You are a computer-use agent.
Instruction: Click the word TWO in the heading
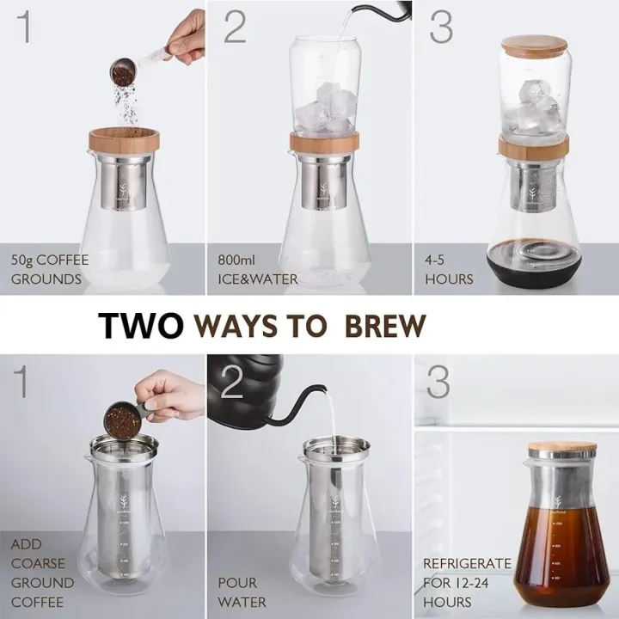[x=141, y=327]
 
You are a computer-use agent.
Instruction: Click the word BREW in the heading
[x=384, y=327]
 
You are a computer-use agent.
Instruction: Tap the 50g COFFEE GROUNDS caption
[x=49, y=268]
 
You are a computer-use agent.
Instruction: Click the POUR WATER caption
[x=242, y=592]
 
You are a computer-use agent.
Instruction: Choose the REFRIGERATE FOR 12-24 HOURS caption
[x=467, y=583]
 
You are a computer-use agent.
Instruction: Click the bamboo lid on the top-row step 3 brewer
[x=535, y=47]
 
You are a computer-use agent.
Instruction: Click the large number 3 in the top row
[x=439, y=28]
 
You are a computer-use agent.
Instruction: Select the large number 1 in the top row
[x=28, y=28]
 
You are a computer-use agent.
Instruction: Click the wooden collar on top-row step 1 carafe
[x=122, y=138]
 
